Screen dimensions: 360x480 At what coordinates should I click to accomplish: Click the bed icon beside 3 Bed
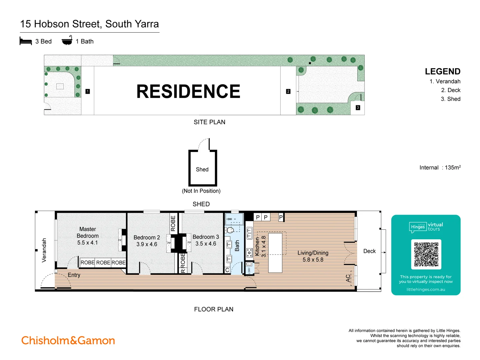pos(26,41)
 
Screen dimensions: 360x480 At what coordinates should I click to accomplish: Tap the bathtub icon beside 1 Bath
pos(67,40)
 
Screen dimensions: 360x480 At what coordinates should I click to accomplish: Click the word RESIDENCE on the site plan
pos(188,91)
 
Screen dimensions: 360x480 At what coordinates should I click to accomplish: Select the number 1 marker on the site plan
pos(88,91)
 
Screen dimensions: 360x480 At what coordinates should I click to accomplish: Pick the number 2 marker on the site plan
pos(288,91)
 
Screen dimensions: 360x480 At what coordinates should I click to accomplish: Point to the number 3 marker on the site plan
pos(358,108)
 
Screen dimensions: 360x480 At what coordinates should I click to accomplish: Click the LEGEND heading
pos(442,72)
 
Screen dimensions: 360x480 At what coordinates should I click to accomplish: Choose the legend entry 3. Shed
pos(450,99)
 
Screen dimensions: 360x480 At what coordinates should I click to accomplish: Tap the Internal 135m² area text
pos(440,168)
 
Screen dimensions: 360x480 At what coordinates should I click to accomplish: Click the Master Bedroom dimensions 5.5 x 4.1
pos(88,243)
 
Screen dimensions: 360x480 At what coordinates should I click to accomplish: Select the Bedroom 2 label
pos(147,237)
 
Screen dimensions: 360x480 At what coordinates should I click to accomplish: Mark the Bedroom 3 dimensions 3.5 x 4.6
pos(206,244)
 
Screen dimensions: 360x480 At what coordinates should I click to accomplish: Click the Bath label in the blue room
pos(237,246)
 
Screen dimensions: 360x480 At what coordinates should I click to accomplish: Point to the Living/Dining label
pos(313,253)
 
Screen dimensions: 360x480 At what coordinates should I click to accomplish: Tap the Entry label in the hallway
pos(74,275)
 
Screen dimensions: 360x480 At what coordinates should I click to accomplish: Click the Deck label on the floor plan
pos(369,251)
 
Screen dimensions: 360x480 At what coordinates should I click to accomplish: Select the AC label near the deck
pos(348,278)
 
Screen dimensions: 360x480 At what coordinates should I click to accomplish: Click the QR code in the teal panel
pos(426,254)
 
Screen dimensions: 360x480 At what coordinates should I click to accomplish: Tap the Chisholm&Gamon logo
pos(68,340)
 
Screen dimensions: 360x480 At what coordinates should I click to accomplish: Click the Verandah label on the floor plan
pos(44,250)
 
